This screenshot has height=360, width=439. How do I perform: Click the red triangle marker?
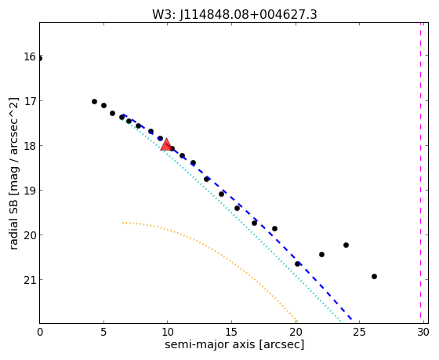coord(166,144)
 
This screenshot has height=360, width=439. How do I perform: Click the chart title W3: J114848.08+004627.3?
coord(234,14)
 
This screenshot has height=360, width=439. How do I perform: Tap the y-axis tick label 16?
coord(30,56)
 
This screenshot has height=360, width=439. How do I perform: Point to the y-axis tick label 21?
coord(30,280)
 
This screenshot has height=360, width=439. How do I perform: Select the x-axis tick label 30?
coord(423,333)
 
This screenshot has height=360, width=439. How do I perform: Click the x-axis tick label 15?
coord(231,333)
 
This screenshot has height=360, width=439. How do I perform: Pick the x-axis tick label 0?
coord(40,333)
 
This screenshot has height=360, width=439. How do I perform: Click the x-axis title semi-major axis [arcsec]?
coord(234,344)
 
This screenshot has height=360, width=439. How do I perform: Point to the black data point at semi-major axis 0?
coord(40,58)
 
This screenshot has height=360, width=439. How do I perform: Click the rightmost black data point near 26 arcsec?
coord(374,276)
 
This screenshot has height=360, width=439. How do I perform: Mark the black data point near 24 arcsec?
coord(346,245)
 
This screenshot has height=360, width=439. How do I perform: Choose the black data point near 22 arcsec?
coord(321,254)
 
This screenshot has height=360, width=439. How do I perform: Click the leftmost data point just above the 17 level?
coord(94,101)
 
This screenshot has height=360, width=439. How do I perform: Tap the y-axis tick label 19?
coord(30,191)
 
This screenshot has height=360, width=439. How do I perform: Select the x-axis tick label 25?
coord(359,333)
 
